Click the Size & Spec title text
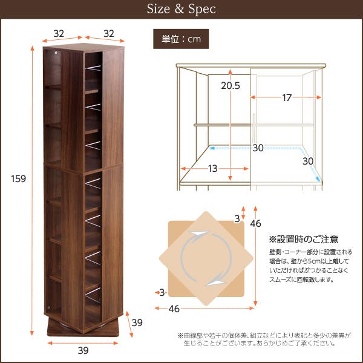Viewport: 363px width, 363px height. [181, 9]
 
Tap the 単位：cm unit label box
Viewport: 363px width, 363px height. [181, 39]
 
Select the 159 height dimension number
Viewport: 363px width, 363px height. [19, 178]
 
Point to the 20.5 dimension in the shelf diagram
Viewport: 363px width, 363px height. [231, 86]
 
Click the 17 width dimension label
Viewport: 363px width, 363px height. [287, 97]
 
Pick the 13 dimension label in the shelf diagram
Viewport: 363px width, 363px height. [212, 169]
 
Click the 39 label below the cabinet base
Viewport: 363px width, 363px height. [83, 350]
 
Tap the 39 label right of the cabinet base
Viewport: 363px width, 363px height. [137, 322]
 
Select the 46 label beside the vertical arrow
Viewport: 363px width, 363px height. [255, 224]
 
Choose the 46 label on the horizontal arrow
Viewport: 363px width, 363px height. [174, 309]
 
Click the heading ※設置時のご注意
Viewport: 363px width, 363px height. [304, 240]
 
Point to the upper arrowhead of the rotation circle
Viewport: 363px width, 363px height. [198, 234]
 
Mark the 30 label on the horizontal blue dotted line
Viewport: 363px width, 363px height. [258, 148]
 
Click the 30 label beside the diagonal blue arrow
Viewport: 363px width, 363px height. [308, 161]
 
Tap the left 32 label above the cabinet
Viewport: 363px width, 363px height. [59, 34]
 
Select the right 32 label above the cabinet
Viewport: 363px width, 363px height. [109, 34]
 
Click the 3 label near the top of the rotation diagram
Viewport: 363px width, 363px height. [237, 219]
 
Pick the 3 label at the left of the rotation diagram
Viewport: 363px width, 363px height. [162, 293]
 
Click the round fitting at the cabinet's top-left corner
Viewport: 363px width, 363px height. [56, 53]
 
